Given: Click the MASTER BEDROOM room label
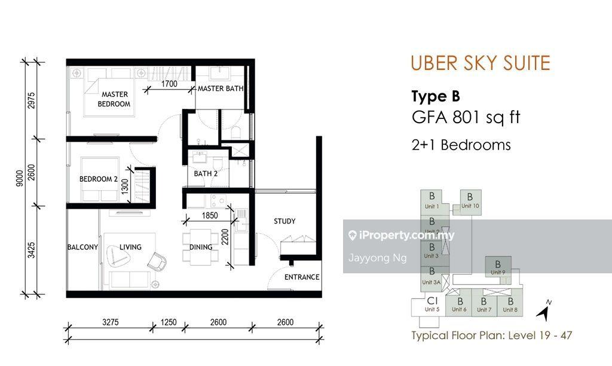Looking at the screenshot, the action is click(x=114, y=99).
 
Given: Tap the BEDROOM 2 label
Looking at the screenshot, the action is click(x=99, y=179).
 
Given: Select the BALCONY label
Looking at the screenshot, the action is click(x=82, y=247).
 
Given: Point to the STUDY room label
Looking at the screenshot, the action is click(x=284, y=221).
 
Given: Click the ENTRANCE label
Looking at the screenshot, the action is click(x=302, y=277).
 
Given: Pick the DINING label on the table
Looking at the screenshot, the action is click(x=201, y=247).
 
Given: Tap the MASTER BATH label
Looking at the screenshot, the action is click(x=221, y=89).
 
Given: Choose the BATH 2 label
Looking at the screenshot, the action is click(x=206, y=173).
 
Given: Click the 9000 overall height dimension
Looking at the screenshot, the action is click(x=20, y=178).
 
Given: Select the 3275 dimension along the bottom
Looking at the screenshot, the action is click(x=111, y=322).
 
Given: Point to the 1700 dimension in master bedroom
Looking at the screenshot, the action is click(x=169, y=84).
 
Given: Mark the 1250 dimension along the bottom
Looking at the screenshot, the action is click(x=169, y=322).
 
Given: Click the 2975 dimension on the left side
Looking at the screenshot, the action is click(x=31, y=100).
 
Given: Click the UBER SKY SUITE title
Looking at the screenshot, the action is click(x=481, y=63).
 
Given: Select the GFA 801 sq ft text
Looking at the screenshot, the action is click(x=466, y=117).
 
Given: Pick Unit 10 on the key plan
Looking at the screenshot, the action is click(x=470, y=201).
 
